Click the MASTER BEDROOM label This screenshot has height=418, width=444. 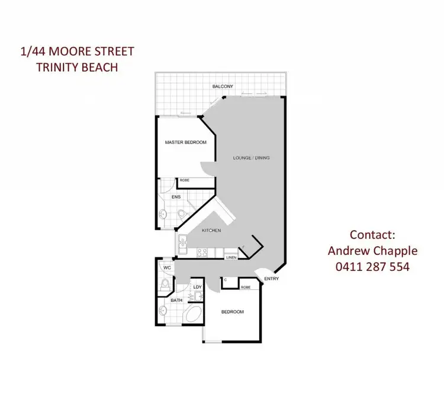[185, 143]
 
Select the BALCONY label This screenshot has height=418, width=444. [223, 87]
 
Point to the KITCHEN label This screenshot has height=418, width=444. [211, 231]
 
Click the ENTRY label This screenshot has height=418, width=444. [272, 279]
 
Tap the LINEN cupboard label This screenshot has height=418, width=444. [231, 257]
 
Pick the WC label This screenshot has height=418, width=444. [168, 269]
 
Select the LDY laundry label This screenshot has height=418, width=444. [198, 288]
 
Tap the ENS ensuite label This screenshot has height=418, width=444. [176, 197]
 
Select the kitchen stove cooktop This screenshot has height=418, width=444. [201, 253]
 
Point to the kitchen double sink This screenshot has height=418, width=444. [184, 241]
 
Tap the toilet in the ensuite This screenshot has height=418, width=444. [182, 213]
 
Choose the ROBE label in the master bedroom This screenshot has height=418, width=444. [184, 180]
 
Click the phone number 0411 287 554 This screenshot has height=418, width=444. [372, 267]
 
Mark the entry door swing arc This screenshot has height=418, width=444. [261, 273]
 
